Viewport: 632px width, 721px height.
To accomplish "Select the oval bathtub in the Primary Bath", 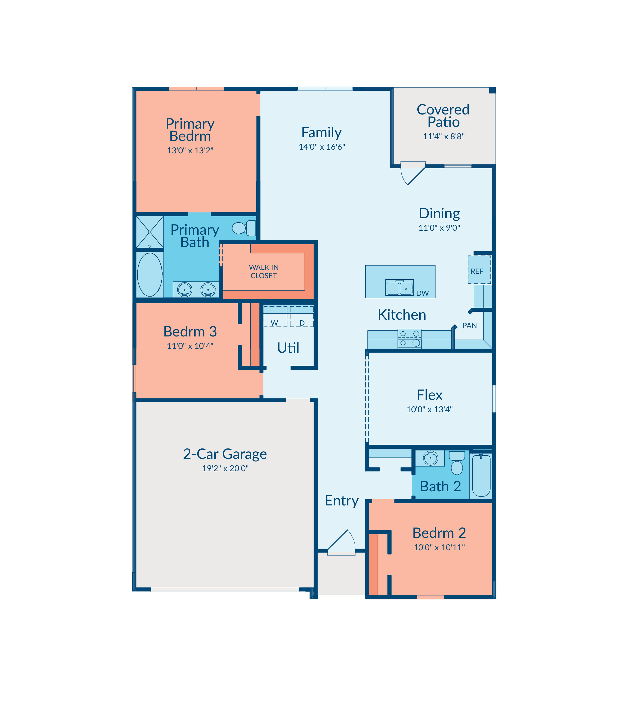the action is (150, 274).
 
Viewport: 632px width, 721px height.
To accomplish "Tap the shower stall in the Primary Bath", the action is (150, 232).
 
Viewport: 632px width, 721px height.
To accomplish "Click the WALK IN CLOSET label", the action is (264, 272).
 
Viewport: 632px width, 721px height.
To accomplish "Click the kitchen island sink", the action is (399, 288).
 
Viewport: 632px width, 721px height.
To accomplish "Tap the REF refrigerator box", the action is (479, 270).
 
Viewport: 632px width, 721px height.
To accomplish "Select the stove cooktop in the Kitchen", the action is (409, 338).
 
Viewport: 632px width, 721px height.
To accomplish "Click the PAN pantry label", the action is (469, 325).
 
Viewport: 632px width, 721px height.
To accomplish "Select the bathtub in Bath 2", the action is (481, 475).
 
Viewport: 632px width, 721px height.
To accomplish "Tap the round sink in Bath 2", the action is (430, 458).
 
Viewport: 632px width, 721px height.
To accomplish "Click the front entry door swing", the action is (341, 543).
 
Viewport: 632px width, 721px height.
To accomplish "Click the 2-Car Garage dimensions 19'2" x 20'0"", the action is (225, 468).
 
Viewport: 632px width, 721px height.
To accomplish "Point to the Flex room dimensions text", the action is (429, 409).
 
